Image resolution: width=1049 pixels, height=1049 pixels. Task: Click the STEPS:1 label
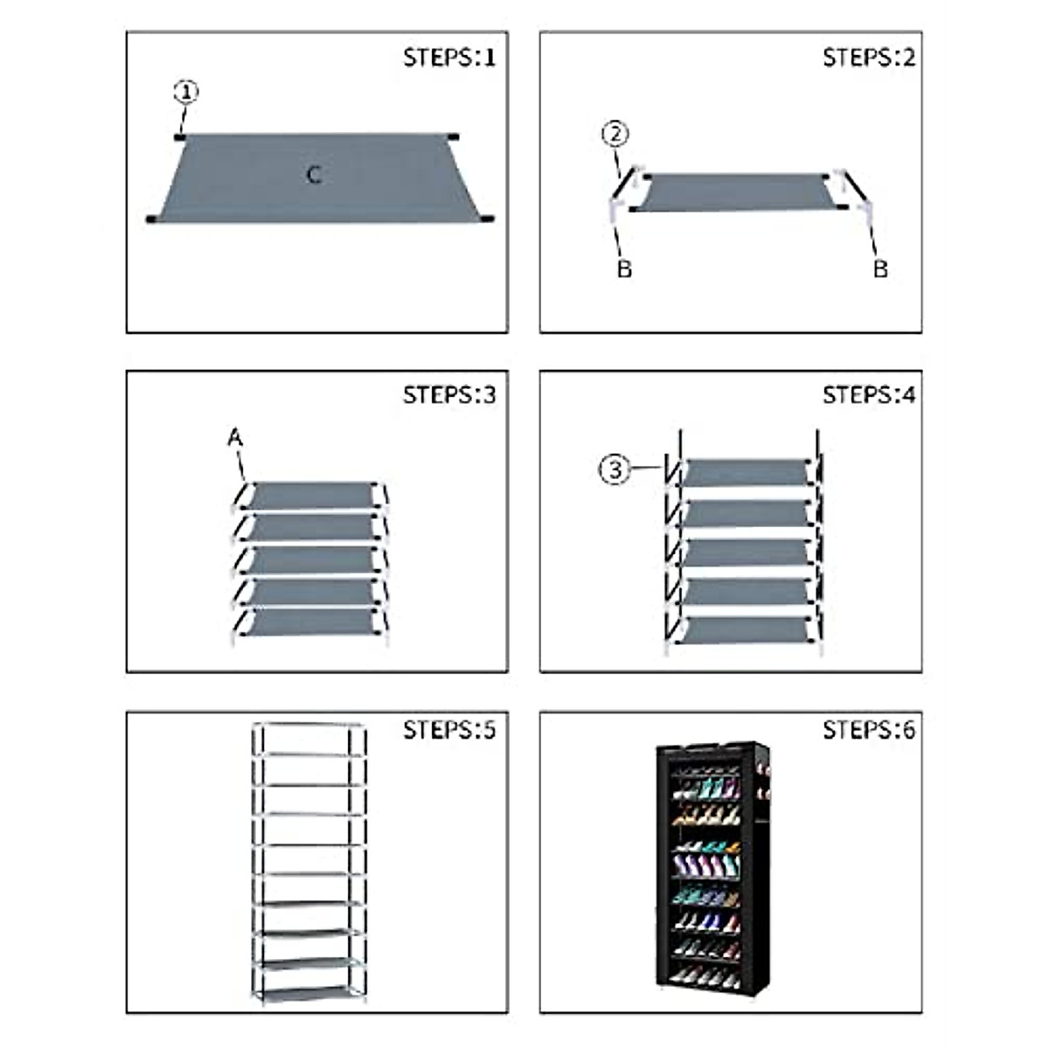[x=448, y=58]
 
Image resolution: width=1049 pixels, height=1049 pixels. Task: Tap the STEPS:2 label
[x=868, y=58]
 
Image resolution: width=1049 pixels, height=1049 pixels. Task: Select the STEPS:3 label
[x=448, y=395]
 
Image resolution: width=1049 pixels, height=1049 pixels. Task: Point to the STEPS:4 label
[x=868, y=395]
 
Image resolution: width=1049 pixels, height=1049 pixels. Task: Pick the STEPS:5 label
[x=448, y=730]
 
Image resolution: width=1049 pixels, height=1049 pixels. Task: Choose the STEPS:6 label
[x=868, y=730]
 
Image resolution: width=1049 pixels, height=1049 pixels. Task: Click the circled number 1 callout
[x=185, y=92]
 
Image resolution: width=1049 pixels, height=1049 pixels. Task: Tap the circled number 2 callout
[x=615, y=134]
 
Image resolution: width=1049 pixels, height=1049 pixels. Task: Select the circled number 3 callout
[x=615, y=469]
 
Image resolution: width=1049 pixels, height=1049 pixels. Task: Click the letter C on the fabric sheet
[x=314, y=175]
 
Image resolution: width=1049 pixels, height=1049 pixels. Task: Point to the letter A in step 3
[x=234, y=438]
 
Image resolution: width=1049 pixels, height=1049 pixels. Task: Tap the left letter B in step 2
[x=623, y=269]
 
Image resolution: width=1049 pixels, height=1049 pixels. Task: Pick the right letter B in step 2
[x=880, y=269]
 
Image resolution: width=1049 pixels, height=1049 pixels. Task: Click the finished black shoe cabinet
[x=712, y=865]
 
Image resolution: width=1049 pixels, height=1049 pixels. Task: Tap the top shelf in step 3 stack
[x=310, y=495]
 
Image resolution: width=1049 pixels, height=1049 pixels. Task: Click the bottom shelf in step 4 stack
[x=745, y=629]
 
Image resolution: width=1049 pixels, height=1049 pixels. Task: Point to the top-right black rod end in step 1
[x=452, y=137]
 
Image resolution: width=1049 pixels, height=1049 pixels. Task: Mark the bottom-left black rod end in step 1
[x=152, y=219]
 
